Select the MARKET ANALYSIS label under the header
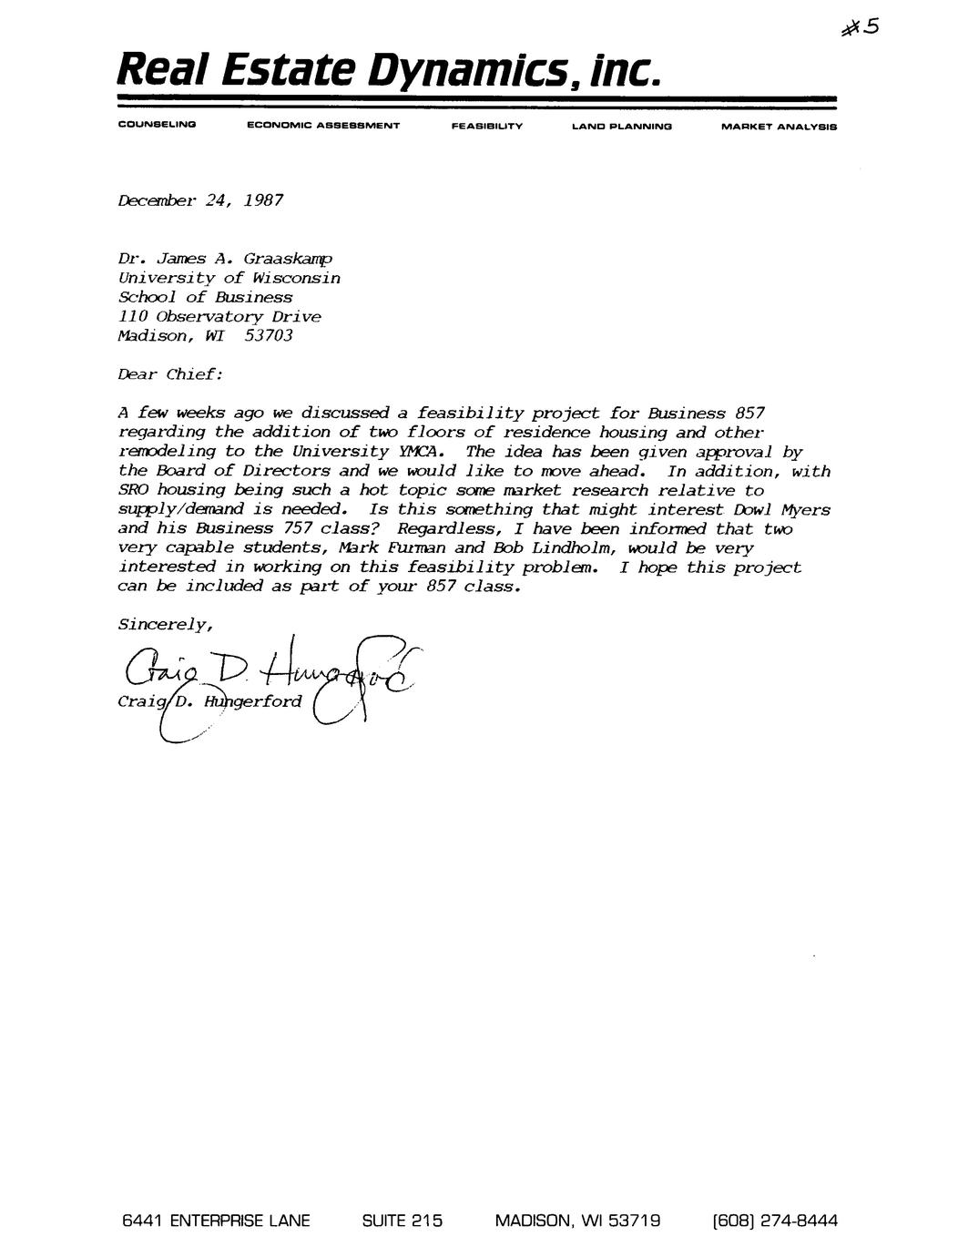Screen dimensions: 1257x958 [x=778, y=127]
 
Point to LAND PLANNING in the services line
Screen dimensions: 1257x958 [x=621, y=127]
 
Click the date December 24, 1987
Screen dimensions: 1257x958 [x=200, y=199]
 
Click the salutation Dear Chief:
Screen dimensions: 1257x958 [x=169, y=374]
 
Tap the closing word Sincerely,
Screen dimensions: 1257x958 [x=166, y=625]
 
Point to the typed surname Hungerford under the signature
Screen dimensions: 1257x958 [x=252, y=701]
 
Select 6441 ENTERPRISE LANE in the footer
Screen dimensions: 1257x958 [x=216, y=1221]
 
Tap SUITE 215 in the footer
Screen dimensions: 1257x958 [x=402, y=1221]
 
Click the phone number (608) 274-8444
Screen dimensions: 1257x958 [x=775, y=1221]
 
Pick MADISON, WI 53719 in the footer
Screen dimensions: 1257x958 [x=577, y=1221]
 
